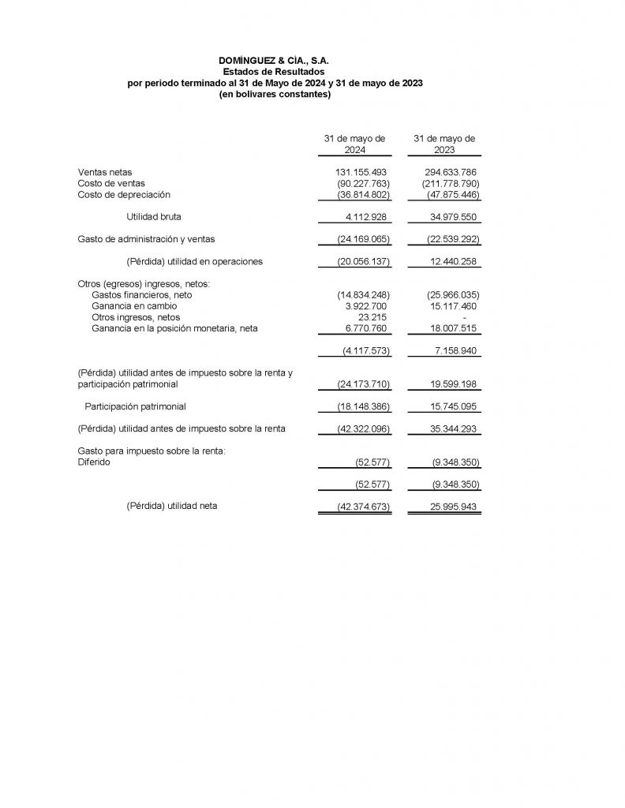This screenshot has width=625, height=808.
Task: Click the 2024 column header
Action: point(354,144)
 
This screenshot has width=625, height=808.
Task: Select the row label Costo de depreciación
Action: point(124,194)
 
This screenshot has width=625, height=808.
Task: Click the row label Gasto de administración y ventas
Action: point(146,238)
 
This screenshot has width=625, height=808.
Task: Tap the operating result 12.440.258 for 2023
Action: point(452,261)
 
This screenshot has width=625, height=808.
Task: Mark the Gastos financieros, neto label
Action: point(142,294)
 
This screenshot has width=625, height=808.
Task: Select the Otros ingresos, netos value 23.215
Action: point(372,316)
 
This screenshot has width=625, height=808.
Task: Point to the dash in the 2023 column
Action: point(465,317)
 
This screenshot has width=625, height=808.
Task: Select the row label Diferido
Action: point(94,462)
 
